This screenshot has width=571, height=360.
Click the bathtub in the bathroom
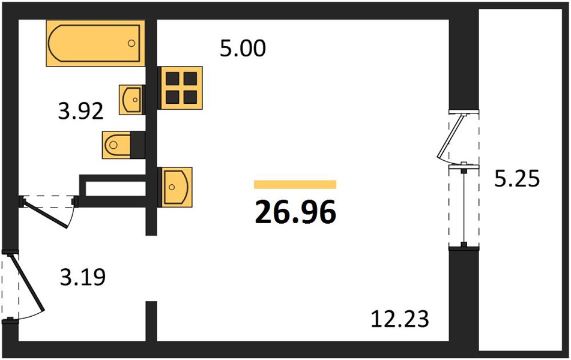tap(95, 43)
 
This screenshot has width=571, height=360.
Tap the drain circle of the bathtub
tap(131, 43)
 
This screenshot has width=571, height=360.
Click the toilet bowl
tap(116, 145)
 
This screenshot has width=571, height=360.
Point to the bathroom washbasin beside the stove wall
tap(131, 100)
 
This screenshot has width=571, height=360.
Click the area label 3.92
tap(81, 111)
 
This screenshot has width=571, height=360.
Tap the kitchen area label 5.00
tap(243, 49)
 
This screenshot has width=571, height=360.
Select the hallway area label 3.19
tap(83, 277)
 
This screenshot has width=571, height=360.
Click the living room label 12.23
tap(400, 319)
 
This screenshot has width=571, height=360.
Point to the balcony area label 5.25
tap(517, 179)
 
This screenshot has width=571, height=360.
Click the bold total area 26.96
tap(295, 212)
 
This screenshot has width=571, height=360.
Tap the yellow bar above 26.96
tap(295, 185)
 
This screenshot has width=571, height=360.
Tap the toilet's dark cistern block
tap(137, 145)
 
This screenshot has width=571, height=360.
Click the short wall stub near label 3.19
tap(151, 321)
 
